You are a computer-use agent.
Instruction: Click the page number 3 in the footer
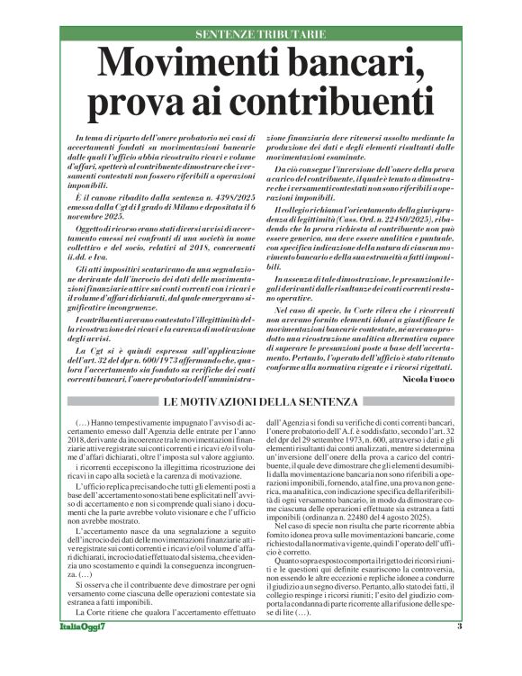(x=459, y=653)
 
